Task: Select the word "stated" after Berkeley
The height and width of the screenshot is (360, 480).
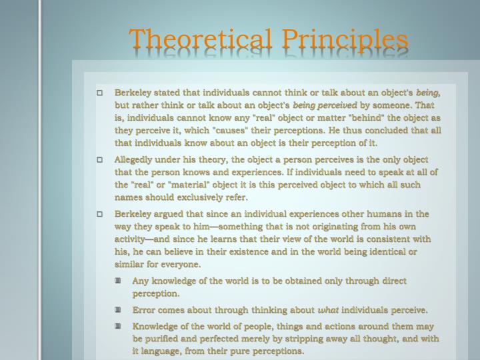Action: (166, 93)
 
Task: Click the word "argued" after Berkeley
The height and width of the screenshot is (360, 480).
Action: (167, 214)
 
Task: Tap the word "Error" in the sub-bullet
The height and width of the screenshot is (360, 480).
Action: (144, 310)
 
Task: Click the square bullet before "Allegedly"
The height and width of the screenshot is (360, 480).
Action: (100, 160)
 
